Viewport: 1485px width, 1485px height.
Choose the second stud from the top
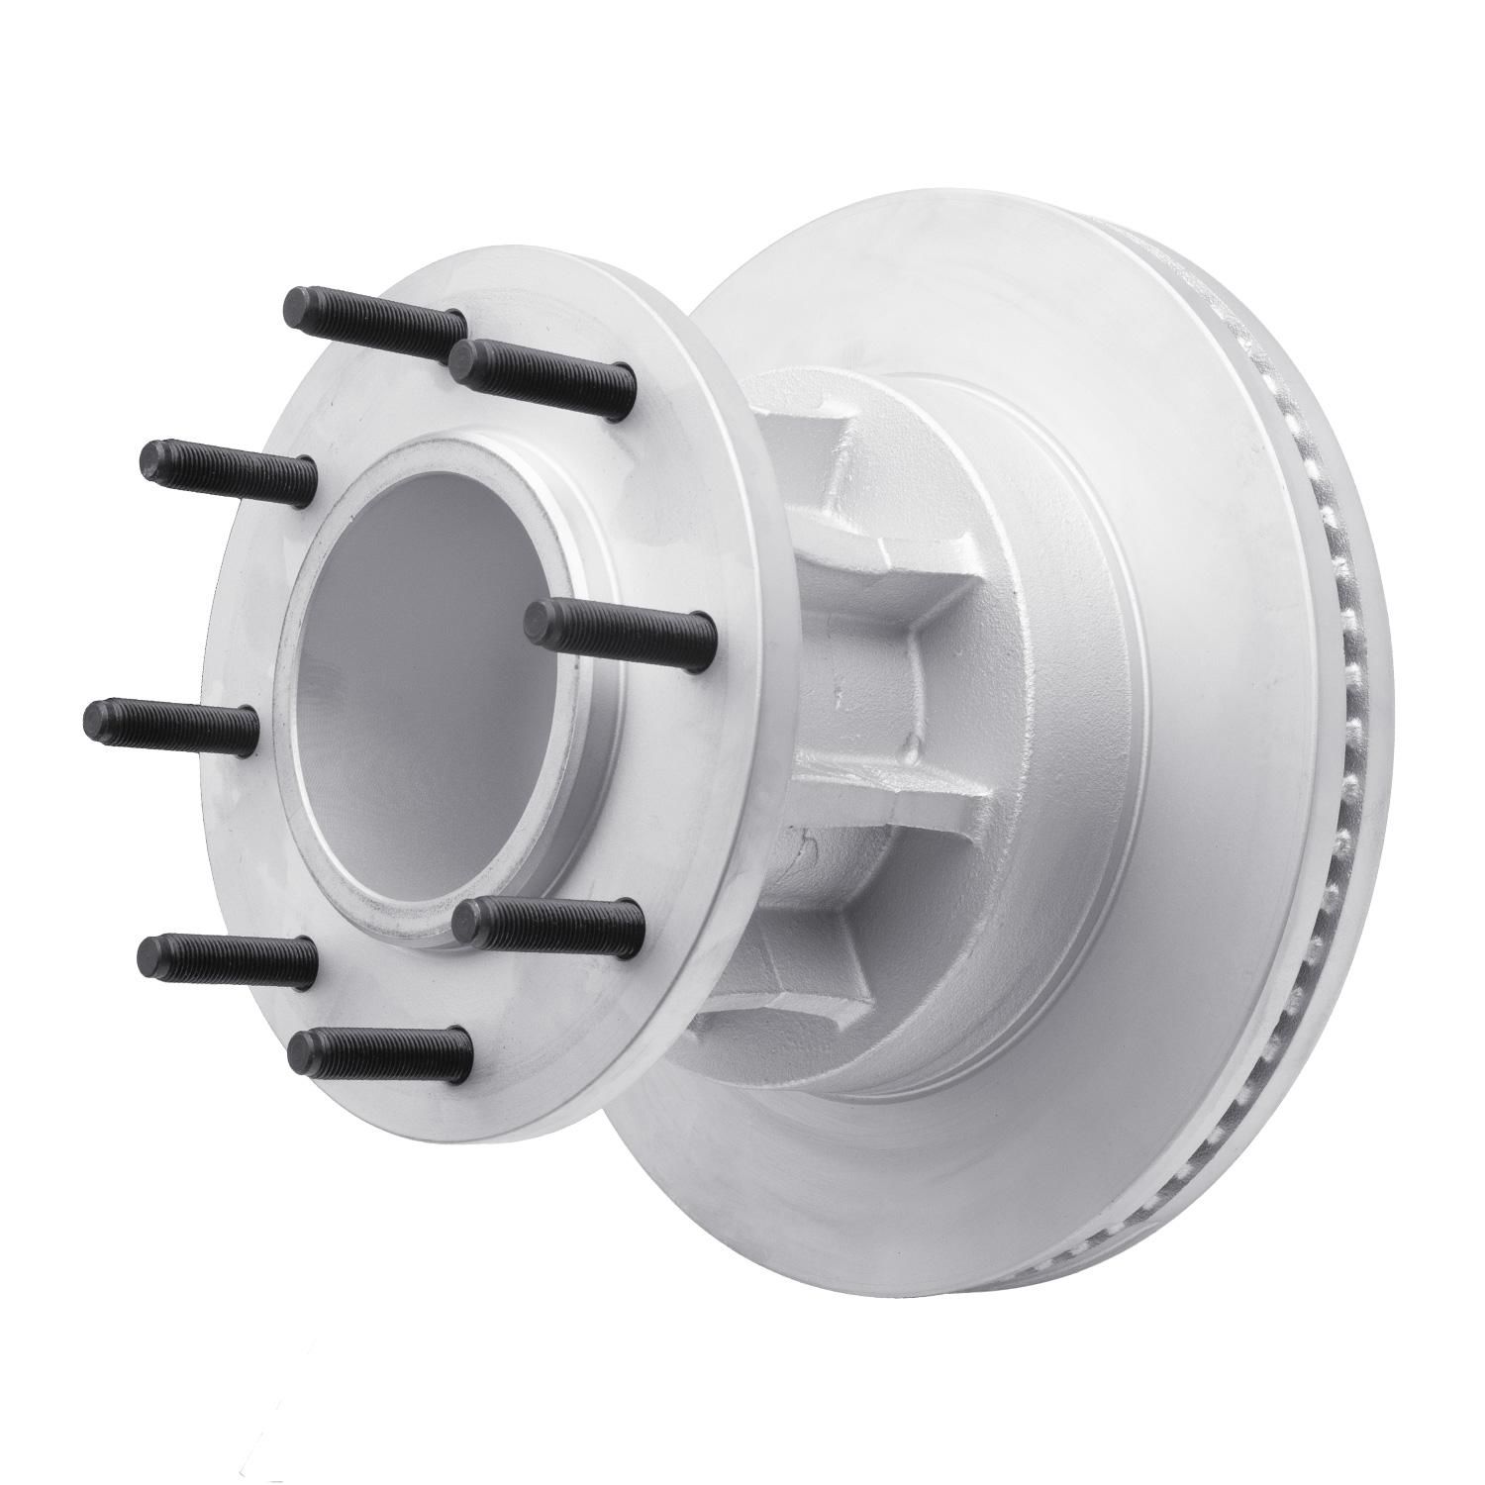(540, 366)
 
